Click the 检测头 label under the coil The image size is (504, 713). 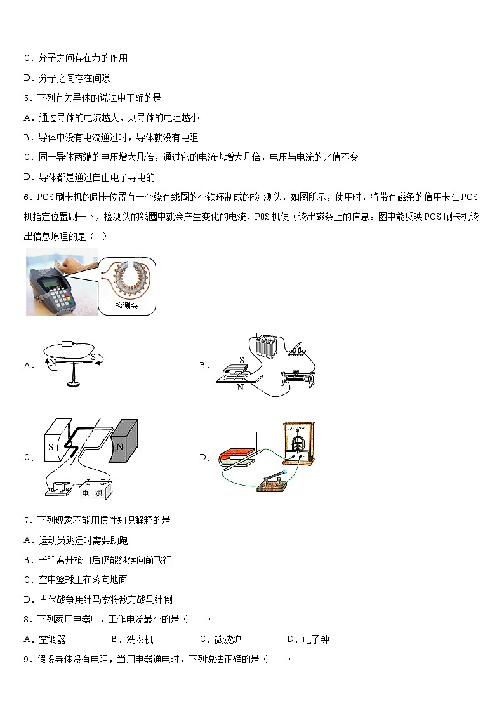point(126,306)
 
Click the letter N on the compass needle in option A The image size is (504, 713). point(53,361)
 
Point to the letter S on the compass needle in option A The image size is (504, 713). point(93,357)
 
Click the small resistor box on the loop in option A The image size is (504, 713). point(68,344)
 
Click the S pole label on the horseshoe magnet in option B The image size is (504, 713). point(241,360)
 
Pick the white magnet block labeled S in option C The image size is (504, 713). point(50,447)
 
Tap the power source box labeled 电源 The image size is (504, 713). point(95,492)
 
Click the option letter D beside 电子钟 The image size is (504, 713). point(290,639)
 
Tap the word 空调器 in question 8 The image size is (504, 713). point(52,639)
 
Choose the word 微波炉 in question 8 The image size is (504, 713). point(227,639)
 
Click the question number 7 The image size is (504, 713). point(26,520)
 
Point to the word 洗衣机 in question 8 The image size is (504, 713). point(140,639)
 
